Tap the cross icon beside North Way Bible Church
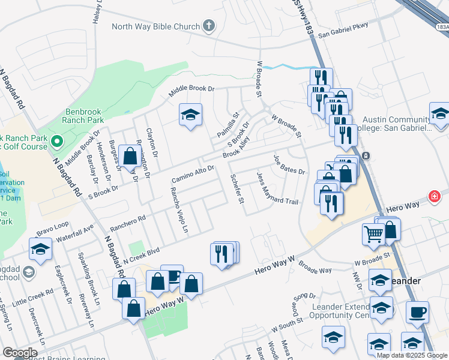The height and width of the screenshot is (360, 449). tap(208, 26)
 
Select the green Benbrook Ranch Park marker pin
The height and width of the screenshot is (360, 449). tap(57, 142)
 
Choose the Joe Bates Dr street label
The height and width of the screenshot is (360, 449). tap(289, 164)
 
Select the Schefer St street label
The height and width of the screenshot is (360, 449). tap(237, 188)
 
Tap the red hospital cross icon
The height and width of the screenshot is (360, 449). tap(434, 196)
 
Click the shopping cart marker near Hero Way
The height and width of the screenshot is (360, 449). tap(373, 235)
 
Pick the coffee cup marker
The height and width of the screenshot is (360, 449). tap(417, 312)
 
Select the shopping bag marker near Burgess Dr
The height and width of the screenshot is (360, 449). tap(130, 156)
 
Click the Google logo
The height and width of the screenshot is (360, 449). tap(20, 353)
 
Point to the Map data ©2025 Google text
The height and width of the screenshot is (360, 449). tap(412, 355)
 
